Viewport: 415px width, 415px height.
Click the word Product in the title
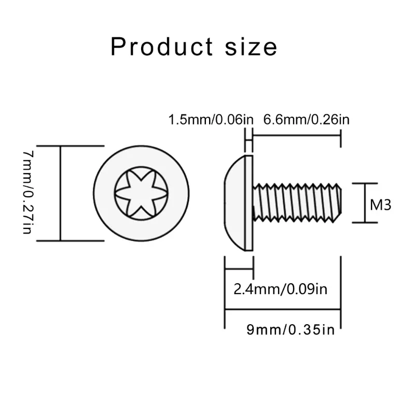[162, 47]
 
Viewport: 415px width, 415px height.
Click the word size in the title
[251, 47]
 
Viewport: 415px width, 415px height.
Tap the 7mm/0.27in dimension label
[29, 192]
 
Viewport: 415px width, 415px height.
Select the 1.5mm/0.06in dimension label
[211, 120]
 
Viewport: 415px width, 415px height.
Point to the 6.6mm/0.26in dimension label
[306, 120]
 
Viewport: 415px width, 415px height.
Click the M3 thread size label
[380, 205]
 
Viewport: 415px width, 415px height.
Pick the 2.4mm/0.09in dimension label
[280, 289]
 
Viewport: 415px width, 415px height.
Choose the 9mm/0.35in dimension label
[290, 330]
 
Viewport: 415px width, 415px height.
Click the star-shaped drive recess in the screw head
[141, 193]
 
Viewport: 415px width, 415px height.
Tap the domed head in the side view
[234, 203]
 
